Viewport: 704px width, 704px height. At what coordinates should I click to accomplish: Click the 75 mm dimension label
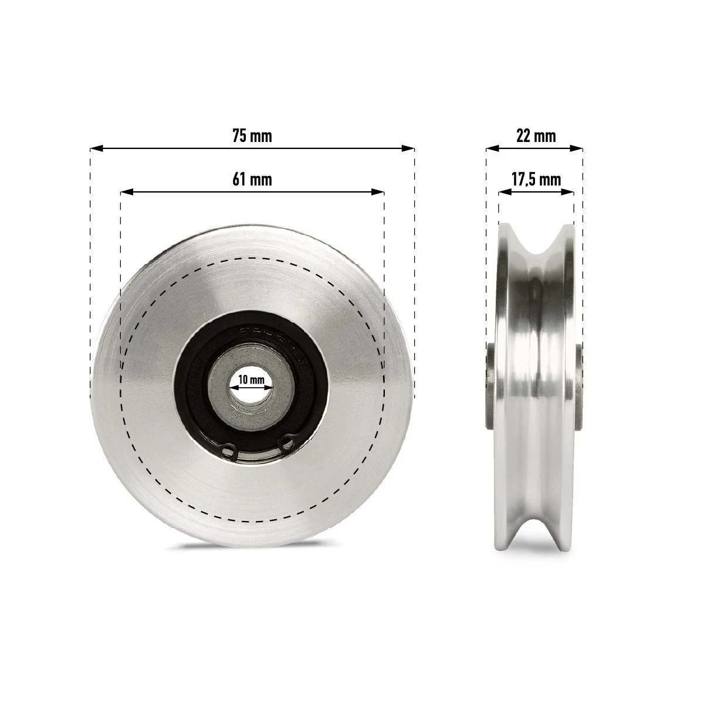click(252, 136)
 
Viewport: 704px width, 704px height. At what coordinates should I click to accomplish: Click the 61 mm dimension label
click(252, 180)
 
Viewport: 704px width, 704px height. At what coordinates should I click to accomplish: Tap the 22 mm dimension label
click(536, 136)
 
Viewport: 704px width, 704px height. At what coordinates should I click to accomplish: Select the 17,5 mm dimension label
click(536, 180)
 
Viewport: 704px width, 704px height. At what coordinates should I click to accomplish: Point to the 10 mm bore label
click(251, 380)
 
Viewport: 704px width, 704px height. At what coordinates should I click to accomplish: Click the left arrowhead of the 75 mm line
click(96, 148)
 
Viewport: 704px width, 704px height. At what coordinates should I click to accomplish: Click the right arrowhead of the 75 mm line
click(408, 148)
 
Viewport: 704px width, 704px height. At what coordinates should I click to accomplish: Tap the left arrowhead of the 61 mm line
click(127, 192)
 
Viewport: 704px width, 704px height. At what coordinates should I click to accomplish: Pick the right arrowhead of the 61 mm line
click(377, 192)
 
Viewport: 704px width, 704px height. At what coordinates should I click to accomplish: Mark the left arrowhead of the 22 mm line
click(492, 148)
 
